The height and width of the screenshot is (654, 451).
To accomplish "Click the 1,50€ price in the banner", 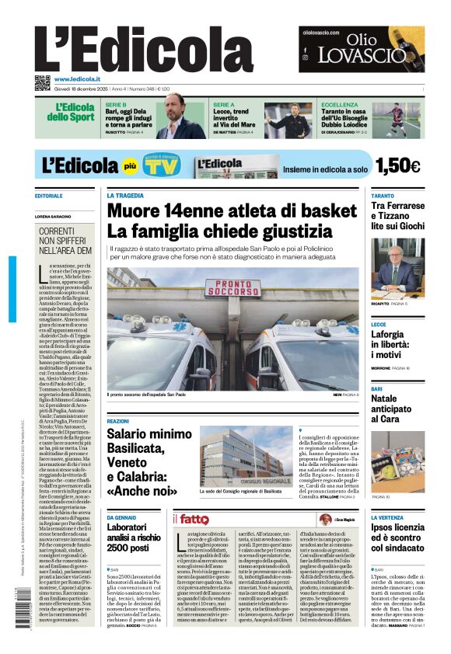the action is [x=397, y=165].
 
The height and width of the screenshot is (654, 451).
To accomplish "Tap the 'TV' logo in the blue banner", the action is [x=161, y=166].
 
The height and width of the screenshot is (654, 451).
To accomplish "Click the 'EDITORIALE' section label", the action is [x=49, y=196].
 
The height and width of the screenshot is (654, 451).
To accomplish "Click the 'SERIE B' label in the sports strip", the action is [x=116, y=104].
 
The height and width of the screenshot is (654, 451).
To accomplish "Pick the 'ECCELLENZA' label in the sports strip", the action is [x=340, y=104].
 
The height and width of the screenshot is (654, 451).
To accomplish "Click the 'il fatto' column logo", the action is [x=191, y=519].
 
